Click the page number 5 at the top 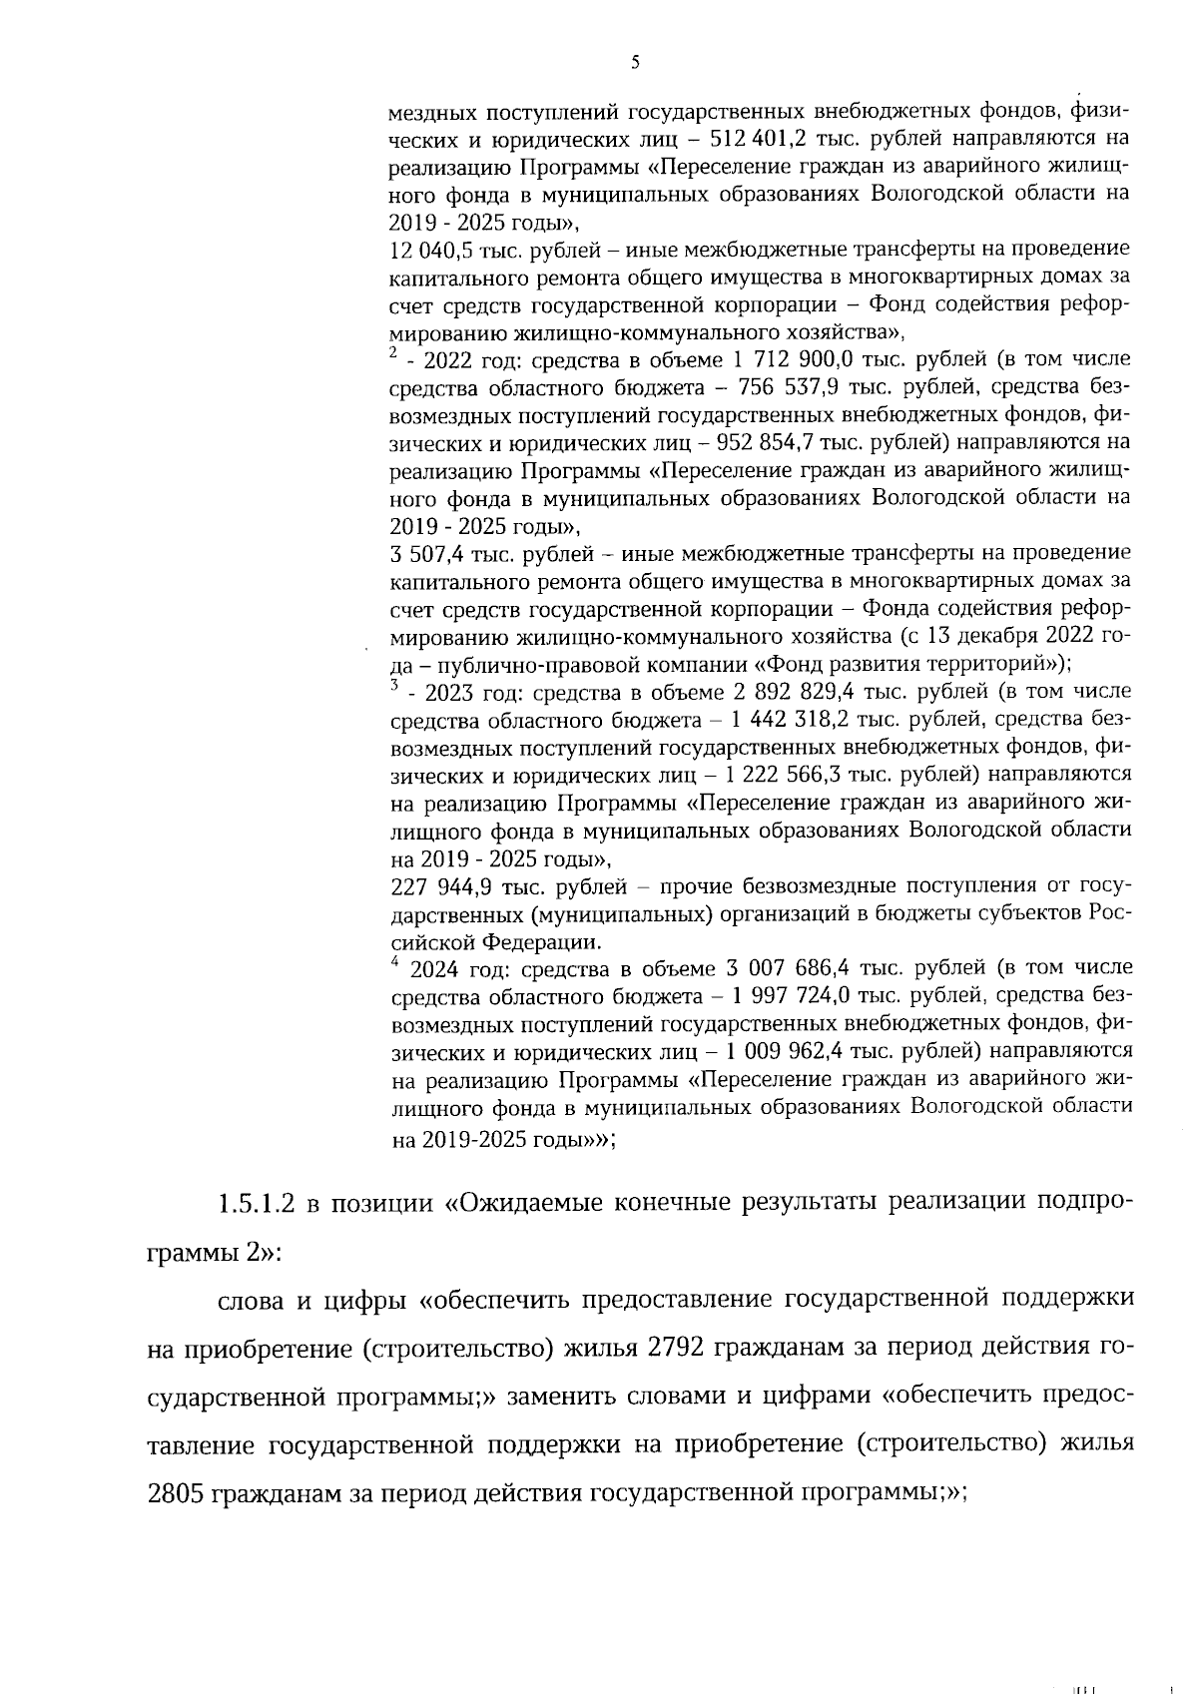[635, 63]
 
